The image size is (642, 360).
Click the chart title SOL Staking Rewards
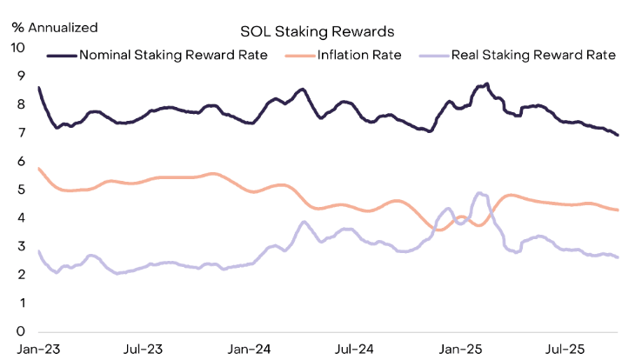pos(318,31)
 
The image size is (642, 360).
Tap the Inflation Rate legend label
pos(358,55)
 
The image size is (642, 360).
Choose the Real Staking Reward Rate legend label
pos(533,55)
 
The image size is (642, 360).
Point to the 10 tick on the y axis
pos(18,47)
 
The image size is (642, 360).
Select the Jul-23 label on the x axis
pos(143,350)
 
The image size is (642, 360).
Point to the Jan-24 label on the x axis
pos(249,350)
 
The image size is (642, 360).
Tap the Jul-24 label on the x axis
pos(355,350)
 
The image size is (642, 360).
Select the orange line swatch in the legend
pos(299,55)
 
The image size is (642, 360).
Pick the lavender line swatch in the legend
pos(432,55)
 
